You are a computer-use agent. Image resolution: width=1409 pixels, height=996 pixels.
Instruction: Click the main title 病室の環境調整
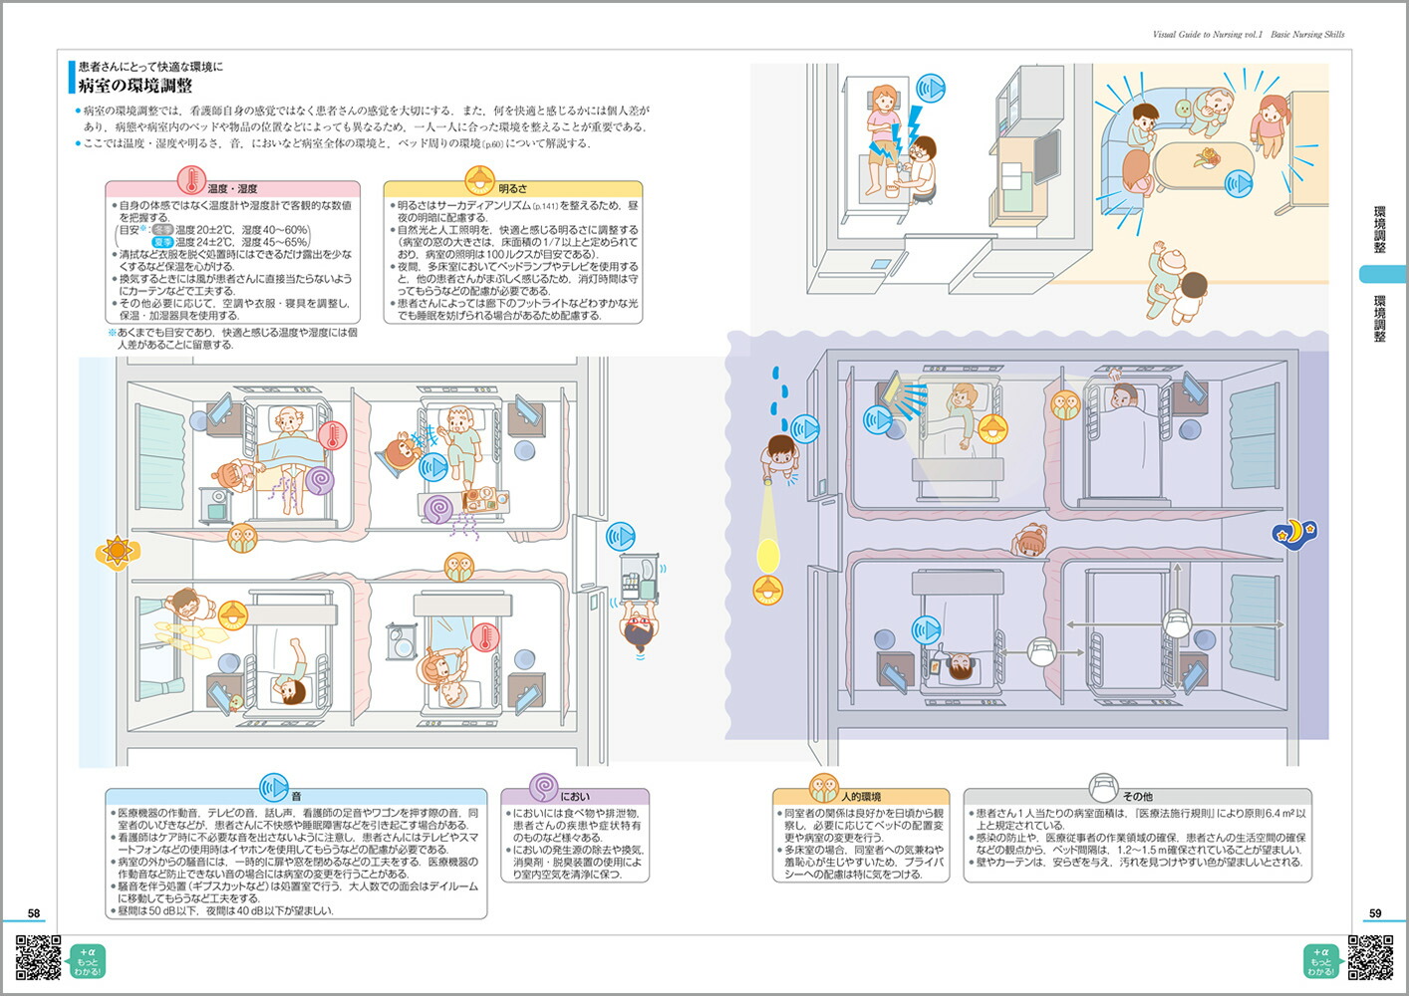click(x=136, y=86)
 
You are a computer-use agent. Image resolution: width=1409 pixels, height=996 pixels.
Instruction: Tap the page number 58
click(x=34, y=913)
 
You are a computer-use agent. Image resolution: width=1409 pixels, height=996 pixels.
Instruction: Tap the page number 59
click(x=1375, y=913)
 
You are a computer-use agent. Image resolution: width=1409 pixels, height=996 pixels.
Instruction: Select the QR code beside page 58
click(x=38, y=958)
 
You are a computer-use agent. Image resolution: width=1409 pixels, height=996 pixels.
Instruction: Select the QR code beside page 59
click(x=1370, y=958)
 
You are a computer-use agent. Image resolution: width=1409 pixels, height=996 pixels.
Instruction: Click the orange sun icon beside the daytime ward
click(x=117, y=551)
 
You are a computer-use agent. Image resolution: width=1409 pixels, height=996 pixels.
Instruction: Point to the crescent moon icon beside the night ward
click(x=1293, y=533)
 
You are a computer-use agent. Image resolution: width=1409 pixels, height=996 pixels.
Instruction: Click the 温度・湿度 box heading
click(x=232, y=188)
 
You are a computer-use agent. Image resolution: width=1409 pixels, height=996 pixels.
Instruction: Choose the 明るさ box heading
click(x=512, y=188)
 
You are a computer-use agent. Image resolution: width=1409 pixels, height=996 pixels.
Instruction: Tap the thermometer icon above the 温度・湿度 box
click(x=191, y=180)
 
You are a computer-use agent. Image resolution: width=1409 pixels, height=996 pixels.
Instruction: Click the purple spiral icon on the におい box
click(x=543, y=788)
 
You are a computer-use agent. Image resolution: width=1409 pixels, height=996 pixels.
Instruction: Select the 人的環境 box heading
click(x=861, y=797)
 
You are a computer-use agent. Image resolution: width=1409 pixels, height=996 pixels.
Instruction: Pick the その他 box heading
click(x=1137, y=797)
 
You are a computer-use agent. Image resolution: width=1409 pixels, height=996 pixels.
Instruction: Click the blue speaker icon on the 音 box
click(x=273, y=788)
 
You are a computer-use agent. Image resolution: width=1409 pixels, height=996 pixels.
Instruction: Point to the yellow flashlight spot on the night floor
click(x=768, y=554)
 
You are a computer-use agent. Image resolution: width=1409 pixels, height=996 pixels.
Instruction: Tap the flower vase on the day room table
click(x=1208, y=157)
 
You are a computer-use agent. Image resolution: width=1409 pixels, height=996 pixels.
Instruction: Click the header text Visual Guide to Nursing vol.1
click(x=1207, y=34)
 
